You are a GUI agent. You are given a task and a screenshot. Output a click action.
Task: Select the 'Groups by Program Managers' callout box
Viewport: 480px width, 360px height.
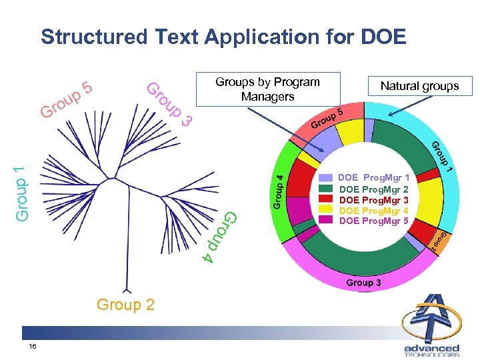pyautogui.click(x=267, y=89)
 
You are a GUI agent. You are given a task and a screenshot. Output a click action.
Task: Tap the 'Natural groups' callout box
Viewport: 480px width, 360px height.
pyautogui.click(x=419, y=85)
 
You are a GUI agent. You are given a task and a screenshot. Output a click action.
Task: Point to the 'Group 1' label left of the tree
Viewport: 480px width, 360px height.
pyautogui.click(x=21, y=189)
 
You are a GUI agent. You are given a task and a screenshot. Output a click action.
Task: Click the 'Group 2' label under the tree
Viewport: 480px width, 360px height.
pyautogui.click(x=125, y=305)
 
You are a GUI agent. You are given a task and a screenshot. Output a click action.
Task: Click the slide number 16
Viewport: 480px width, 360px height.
pyautogui.click(x=33, y=347)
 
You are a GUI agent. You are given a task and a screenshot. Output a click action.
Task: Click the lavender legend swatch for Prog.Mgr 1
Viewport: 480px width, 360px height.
pyautogui.click(x=326, y=178)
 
